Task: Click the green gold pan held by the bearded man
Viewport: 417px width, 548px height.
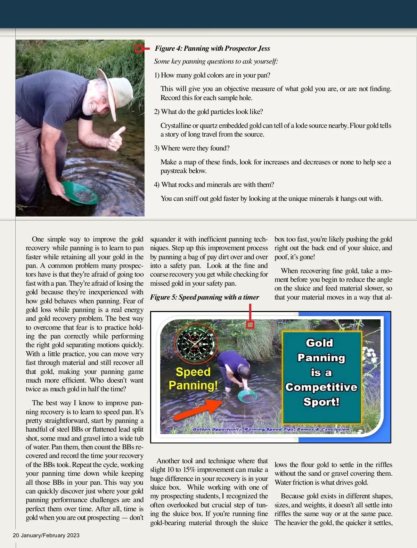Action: [x=79, y=193]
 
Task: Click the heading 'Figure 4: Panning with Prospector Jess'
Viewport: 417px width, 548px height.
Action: [x=212, y=48]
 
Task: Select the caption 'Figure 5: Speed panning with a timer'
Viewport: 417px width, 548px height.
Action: [x=205, y=297]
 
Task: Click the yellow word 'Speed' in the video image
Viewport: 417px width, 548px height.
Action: [x=193, y=372]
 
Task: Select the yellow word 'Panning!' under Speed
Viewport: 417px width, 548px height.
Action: [x=193, y=385]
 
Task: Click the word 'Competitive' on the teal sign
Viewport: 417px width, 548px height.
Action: [x=321, y=387]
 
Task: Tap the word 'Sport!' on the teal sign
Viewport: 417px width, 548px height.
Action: [x=321, y=402]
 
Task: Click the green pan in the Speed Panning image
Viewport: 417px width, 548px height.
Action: [x=247, y=396]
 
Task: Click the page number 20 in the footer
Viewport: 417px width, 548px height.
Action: [x=16, y=535]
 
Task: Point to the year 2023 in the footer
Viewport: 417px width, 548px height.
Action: [x=73, y=535]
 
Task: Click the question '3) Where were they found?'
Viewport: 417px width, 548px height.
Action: [x=192, y=148]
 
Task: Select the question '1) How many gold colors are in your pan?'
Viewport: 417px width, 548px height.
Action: [x=212, y=75]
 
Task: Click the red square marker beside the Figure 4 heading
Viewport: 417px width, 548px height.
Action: [x=138, y=49]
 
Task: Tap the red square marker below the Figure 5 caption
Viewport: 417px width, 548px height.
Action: [x=250, y=325]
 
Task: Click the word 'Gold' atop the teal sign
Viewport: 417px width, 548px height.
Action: [x=319, y=343]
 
